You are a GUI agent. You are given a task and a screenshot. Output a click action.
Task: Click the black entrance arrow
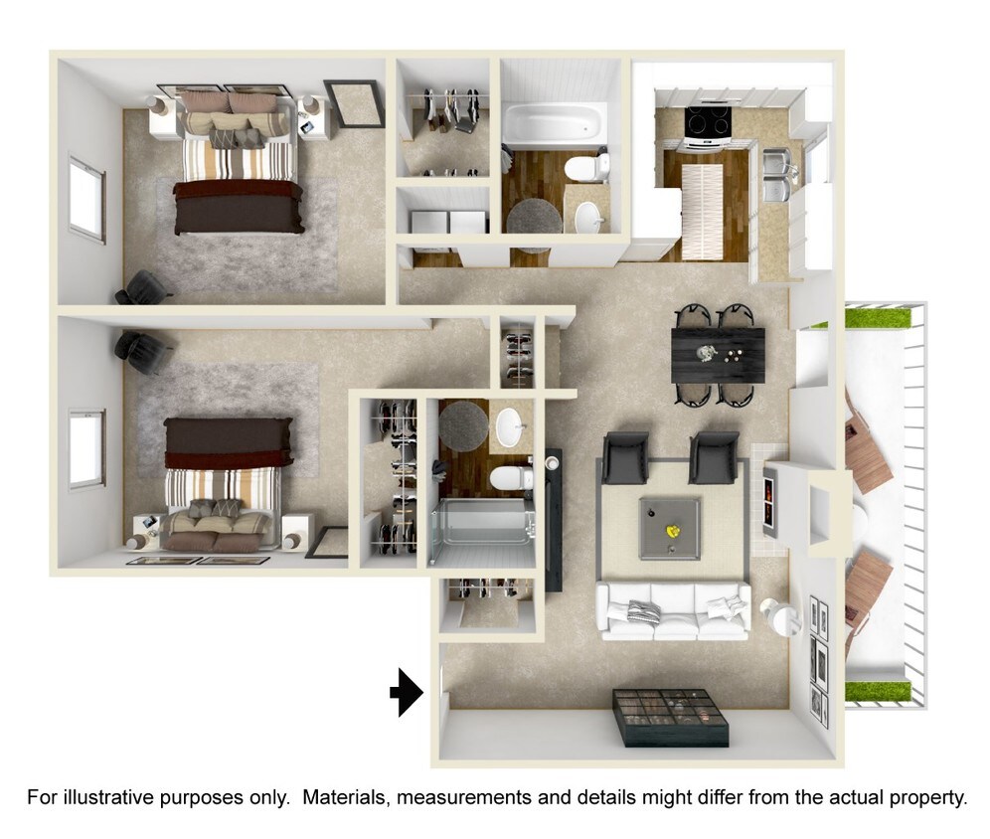point(404,692)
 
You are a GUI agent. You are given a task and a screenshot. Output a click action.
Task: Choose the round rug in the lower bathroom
point(464,424)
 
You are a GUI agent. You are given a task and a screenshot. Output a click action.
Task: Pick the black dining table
point(718,353)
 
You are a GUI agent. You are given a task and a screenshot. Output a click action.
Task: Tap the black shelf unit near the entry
point(670,717)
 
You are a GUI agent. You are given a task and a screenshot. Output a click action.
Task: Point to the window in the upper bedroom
point(86,198)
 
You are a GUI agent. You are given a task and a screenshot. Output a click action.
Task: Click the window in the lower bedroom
point(86,448)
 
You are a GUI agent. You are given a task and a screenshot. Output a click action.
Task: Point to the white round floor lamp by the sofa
point(781,616)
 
